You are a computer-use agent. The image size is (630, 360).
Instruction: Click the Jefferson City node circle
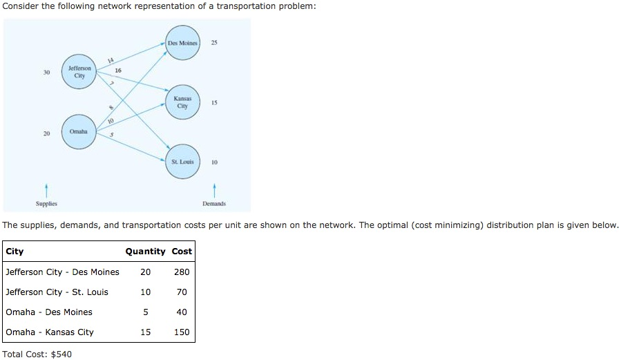pos(79,73)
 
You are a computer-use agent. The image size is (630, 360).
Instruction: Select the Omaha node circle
pos(79,131)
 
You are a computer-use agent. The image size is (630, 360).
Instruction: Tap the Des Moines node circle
pos(182,44)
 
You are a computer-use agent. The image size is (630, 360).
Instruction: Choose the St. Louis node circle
pos(182,162)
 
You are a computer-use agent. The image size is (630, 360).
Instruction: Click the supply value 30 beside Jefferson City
pos(47,73)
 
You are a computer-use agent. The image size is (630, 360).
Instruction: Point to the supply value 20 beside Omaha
pos(47,132)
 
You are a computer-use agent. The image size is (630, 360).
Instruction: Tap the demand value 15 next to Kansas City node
pos(215,102)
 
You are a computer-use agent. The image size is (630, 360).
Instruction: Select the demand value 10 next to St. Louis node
pos(215,162)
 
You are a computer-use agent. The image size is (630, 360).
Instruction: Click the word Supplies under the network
pos(47,204)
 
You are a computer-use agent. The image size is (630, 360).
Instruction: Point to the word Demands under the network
pos(214,204)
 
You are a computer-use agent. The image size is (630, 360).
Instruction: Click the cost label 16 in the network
pos(118,70)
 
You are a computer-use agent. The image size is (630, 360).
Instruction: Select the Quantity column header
pos(145,252)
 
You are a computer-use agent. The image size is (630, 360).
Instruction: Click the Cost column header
pos(182,252)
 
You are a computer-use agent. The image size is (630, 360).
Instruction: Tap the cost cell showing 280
pos(182,272)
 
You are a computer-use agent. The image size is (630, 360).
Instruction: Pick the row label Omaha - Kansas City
pos(50,332)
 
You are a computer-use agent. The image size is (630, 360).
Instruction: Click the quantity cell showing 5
pos(145,312)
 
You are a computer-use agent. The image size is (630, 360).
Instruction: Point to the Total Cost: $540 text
pos(37,354)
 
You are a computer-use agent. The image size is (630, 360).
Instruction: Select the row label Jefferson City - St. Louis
pos(57,292)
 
